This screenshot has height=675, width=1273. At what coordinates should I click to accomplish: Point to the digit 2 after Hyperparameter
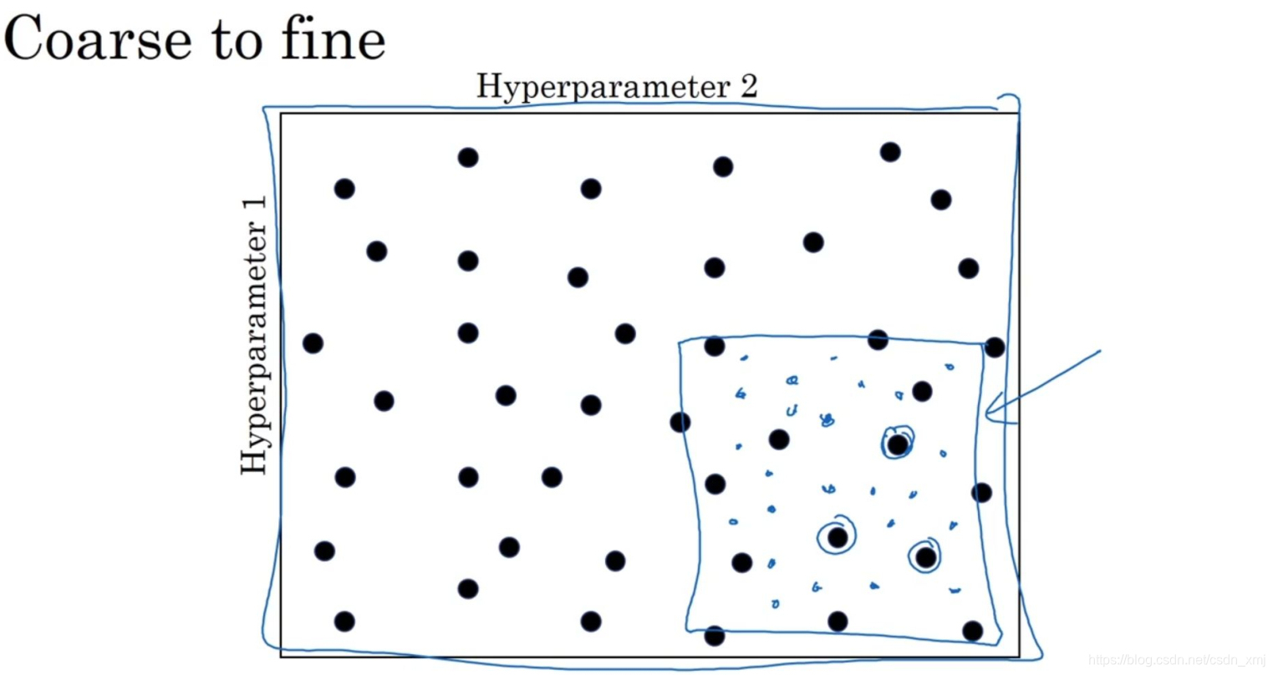748,85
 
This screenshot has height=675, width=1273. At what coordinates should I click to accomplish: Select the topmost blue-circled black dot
897,444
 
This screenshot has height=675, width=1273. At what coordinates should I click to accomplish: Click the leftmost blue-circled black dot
838,538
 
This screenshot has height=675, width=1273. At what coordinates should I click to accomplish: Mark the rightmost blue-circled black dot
925,556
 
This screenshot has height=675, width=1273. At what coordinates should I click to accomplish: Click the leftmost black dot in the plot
313,343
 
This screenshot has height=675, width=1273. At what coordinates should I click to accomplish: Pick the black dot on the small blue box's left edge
680,422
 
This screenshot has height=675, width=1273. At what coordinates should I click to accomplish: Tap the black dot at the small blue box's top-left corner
714,346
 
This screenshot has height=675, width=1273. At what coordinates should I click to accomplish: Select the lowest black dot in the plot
714,636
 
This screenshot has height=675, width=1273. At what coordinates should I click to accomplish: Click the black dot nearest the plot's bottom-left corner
344,621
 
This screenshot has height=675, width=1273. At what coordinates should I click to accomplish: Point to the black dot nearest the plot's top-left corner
344,189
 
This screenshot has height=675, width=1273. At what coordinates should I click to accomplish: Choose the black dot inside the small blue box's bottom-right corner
972,630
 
